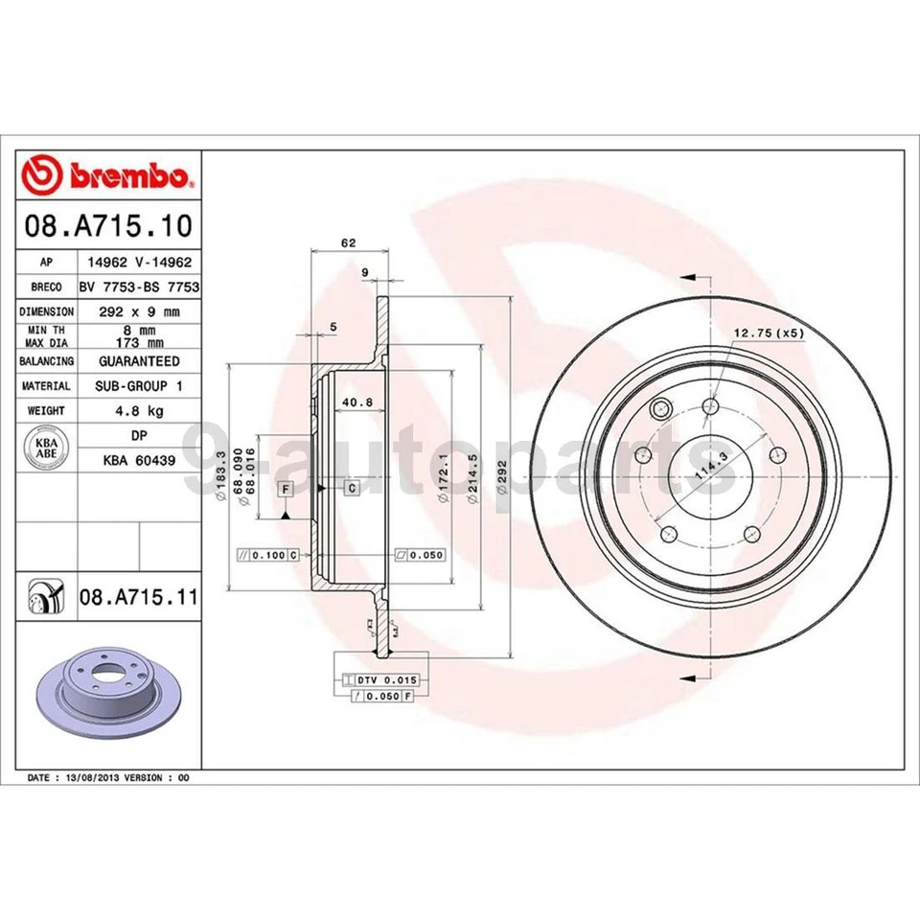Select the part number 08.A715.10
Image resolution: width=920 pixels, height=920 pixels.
coord(108,227)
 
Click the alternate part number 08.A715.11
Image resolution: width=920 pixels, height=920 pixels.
coord(138,598)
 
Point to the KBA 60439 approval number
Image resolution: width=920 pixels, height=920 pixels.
coord(138,460)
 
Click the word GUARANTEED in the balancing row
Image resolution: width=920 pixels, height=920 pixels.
coord(138,361)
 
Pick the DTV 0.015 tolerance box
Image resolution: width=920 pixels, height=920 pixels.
coord(388,679)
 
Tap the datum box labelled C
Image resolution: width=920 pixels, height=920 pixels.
coord(352,489)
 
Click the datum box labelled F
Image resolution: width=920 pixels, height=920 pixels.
coord(285,489)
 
